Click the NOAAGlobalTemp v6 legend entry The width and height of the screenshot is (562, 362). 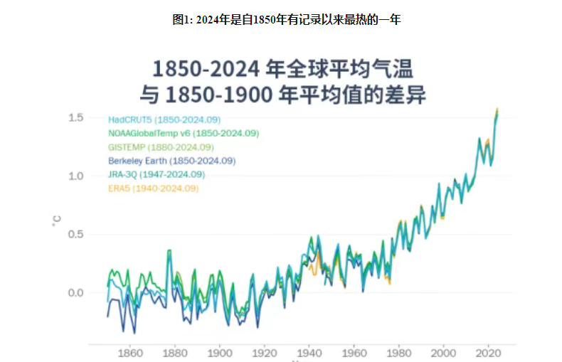click(184, 133)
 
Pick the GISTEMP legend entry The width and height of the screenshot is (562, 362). click(161, 147)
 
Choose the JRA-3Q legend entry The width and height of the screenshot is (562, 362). click(157, 174)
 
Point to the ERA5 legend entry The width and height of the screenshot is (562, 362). click(153, 188)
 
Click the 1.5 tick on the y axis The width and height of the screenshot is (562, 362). click(76, 117)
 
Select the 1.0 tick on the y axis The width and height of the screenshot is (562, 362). click(76, 176)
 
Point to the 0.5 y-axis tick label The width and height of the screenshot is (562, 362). click(76, 235)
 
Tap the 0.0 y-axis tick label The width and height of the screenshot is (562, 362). click(76, 293)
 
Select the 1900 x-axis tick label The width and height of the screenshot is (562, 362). click(219, 353)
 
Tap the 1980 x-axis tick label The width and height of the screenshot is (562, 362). click(399, 353)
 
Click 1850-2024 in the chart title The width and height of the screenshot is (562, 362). click(205, 69)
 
